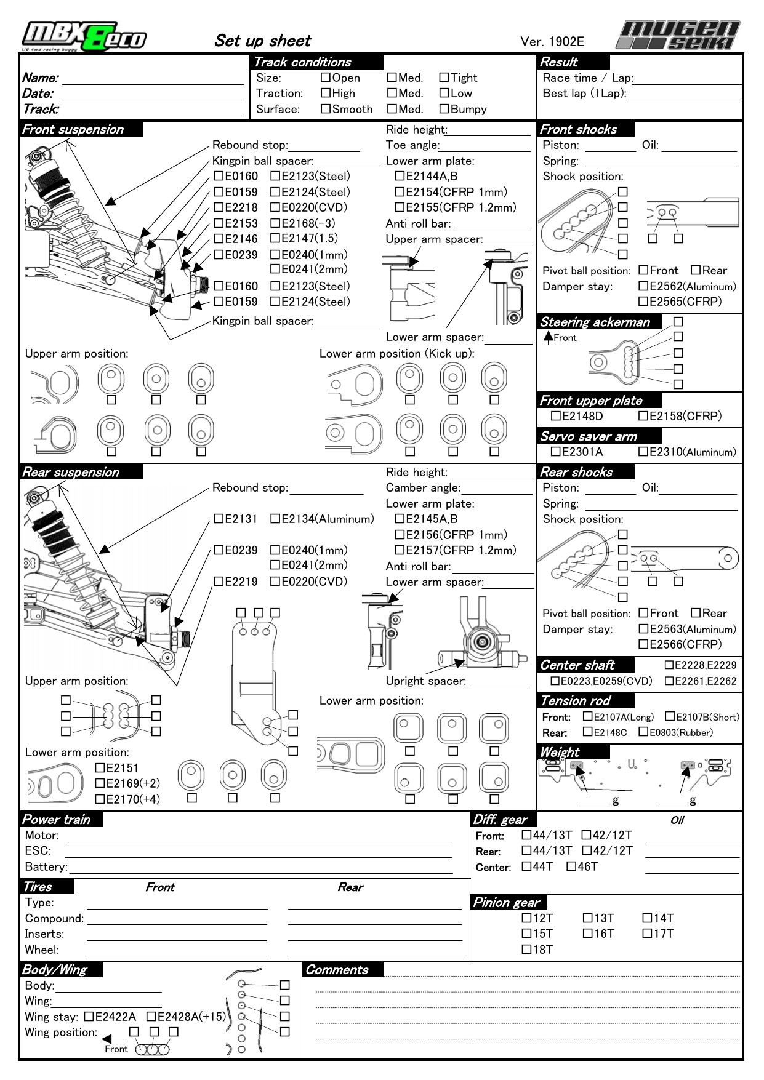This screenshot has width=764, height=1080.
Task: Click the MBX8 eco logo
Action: click(x=84, y=37)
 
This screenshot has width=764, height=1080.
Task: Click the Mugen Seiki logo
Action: click(x=678, y=35)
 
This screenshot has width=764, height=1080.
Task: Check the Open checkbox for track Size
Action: click(x=326, y=78)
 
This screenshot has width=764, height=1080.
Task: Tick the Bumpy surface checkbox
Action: click(x=444, y=109)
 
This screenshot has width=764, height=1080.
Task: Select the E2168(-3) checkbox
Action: click(x=275, y=223)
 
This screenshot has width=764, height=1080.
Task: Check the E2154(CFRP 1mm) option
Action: click(x=400, y=192)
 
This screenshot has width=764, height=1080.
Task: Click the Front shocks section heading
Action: click(x=578, y=129)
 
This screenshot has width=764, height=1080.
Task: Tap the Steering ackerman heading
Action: click(x=595, y=322)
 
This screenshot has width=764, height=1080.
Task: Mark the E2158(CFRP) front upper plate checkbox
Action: click(x=643, y=416)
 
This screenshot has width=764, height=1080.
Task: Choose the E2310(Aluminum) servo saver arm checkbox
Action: click(x=643, y=452)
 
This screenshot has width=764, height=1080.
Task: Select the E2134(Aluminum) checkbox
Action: click(x=275, y=519)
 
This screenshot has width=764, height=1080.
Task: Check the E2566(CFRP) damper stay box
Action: click(x=643, y=644)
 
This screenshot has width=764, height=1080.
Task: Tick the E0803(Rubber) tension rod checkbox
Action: click(x=643, y=732)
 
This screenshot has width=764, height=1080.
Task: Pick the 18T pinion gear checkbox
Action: click(x=526, y=949)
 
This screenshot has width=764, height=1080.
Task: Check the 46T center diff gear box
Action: click(x=571, y=866)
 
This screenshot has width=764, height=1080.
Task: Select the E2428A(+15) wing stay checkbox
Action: click(x=151, y=1017)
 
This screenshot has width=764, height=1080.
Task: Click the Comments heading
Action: click(x=337, y=970)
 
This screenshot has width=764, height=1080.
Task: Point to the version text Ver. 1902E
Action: click(x=552, y=41)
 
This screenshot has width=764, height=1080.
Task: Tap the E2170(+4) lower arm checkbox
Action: click(x=100, y=799)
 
